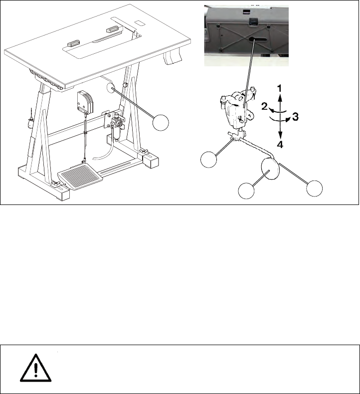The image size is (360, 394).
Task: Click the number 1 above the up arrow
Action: (x=279, y=88)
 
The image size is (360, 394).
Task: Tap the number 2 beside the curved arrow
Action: (x=264, y=107)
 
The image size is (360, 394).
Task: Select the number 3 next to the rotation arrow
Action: (x=296, y=117)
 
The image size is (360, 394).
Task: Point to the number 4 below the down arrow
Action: (x=280, y=145)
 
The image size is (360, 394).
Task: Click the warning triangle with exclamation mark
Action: (x=36, y=368)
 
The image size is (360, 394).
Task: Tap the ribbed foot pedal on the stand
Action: (x=80, y=177)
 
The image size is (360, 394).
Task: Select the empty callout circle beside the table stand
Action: (x=161, y=122)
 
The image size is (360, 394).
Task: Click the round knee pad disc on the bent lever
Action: (x=270, y=169)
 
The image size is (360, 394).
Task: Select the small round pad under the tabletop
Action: (x=111, y=88)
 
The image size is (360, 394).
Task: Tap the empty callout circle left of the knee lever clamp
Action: (x=209, y=159)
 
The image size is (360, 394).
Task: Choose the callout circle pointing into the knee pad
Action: (x=246, y=191)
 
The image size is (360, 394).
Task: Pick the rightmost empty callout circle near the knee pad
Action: (x=315, y=188)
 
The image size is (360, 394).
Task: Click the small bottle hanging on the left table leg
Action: (x=30, y=122)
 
